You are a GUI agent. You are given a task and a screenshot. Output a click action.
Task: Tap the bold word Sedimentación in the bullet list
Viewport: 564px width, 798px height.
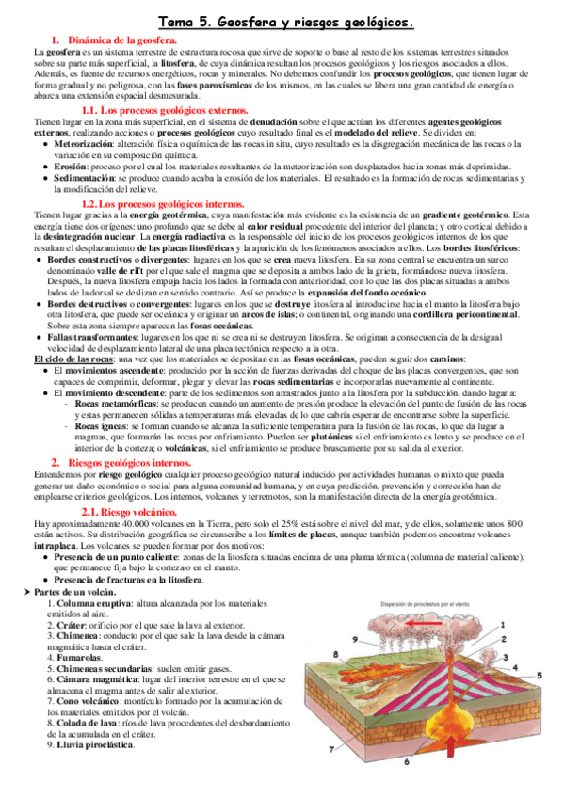pos(86,177)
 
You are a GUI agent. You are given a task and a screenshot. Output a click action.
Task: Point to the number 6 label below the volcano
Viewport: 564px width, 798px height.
pos(406,762)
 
